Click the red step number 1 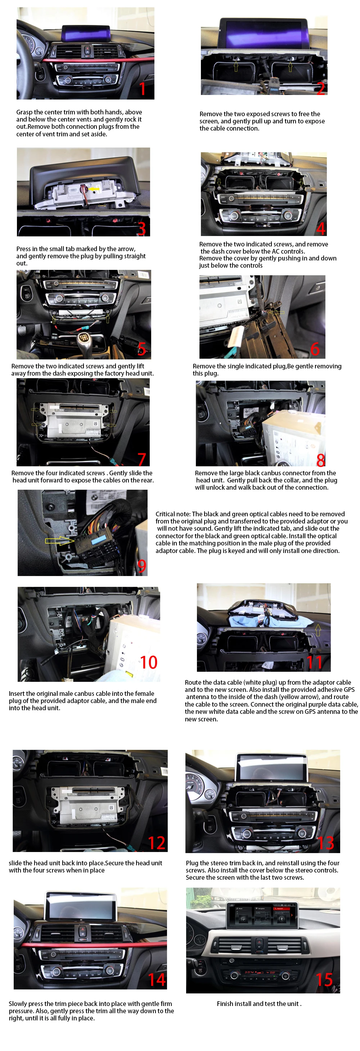click(x=142, y=89)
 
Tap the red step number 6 click(x=315, y=349)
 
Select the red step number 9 click(x=141, y=566)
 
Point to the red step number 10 click(x=149, y=662)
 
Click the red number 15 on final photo click(x=324, y=980)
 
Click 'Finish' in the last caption click(x=226, y=1004)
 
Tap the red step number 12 click(x=157, y=843)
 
